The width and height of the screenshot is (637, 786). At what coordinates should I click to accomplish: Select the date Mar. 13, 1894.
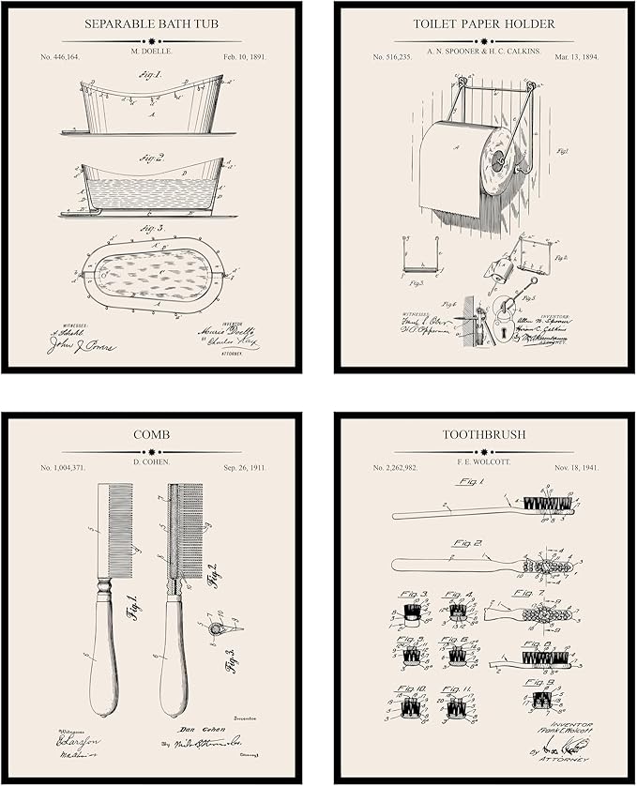[572, 57]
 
